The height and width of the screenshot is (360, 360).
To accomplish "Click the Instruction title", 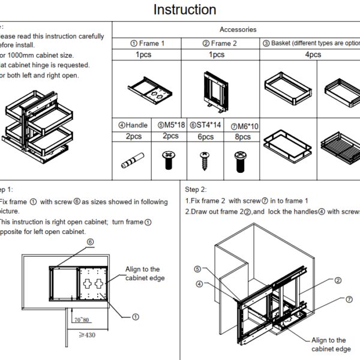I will point(185,10).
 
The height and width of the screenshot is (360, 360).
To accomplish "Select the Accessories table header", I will point(238,29).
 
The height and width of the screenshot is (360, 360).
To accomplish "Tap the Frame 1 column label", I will point(147,43).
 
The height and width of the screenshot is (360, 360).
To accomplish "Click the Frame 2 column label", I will point(220,43).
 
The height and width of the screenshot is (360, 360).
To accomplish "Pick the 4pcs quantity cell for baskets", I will point(313,55).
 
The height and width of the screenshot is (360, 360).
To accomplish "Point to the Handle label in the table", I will point(133,125).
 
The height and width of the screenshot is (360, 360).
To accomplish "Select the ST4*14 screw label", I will point(206,125).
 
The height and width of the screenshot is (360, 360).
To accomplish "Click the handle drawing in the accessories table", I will point(131,161).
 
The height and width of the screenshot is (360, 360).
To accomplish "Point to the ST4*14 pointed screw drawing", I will point(204,160).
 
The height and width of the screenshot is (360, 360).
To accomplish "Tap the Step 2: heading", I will point(196,190).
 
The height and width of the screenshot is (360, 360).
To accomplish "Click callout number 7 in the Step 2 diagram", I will point(349,299).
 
